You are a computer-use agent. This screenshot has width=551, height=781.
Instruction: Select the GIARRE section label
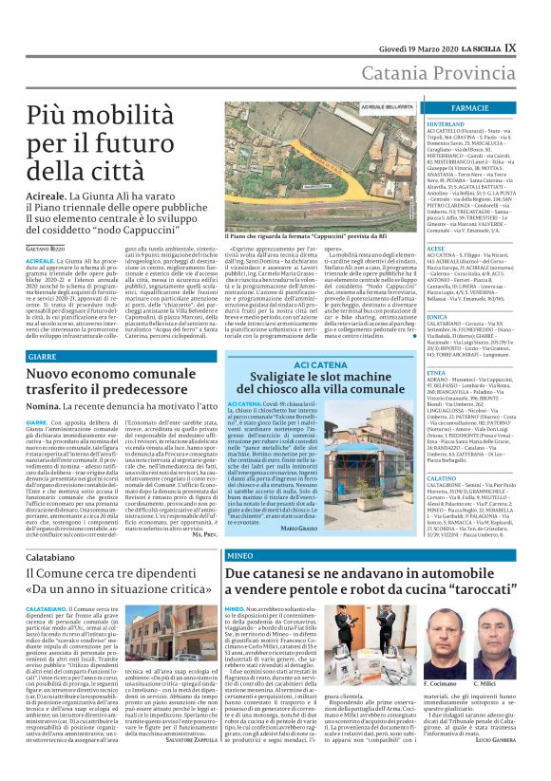(x=42, y=354)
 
